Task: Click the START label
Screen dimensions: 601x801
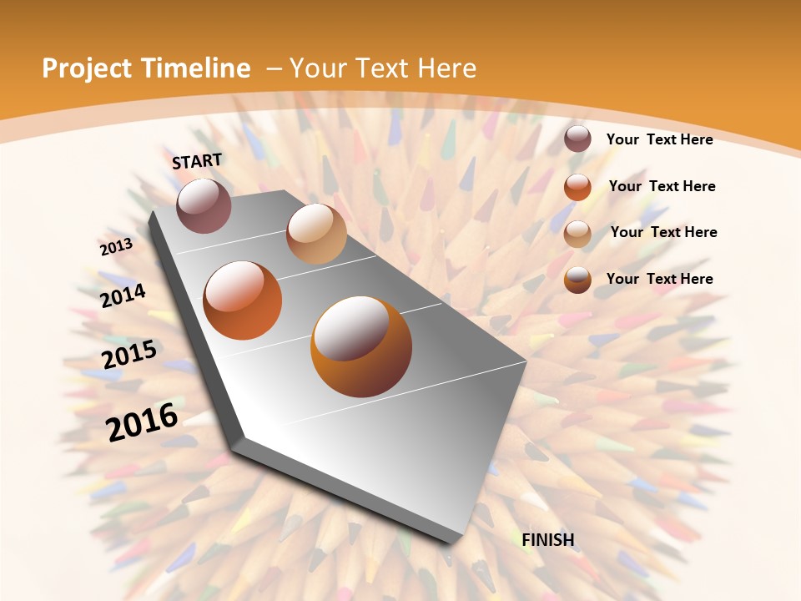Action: click(197, 161)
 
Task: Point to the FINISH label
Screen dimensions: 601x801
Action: click(548, 540)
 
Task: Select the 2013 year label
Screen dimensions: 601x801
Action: click(116, 247)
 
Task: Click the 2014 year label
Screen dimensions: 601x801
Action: click(123, 295)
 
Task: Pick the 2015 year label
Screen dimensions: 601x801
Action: click(129, 355)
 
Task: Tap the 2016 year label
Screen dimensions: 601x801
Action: click(142, 422)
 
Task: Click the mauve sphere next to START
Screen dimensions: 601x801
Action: click(204, 205)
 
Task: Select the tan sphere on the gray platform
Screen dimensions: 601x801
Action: click(316, 234)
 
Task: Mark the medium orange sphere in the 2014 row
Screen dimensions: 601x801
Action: click(243, 300)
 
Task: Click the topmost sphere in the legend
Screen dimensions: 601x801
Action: click(577, 139)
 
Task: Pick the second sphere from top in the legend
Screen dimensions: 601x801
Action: click(577, 186)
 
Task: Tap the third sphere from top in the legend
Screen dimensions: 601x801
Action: click(577, 233)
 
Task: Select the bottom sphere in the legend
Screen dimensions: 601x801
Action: click(577, 280)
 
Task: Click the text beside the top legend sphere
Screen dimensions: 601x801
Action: click(659, 139)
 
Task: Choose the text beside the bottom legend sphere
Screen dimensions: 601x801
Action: click(659, 279)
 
